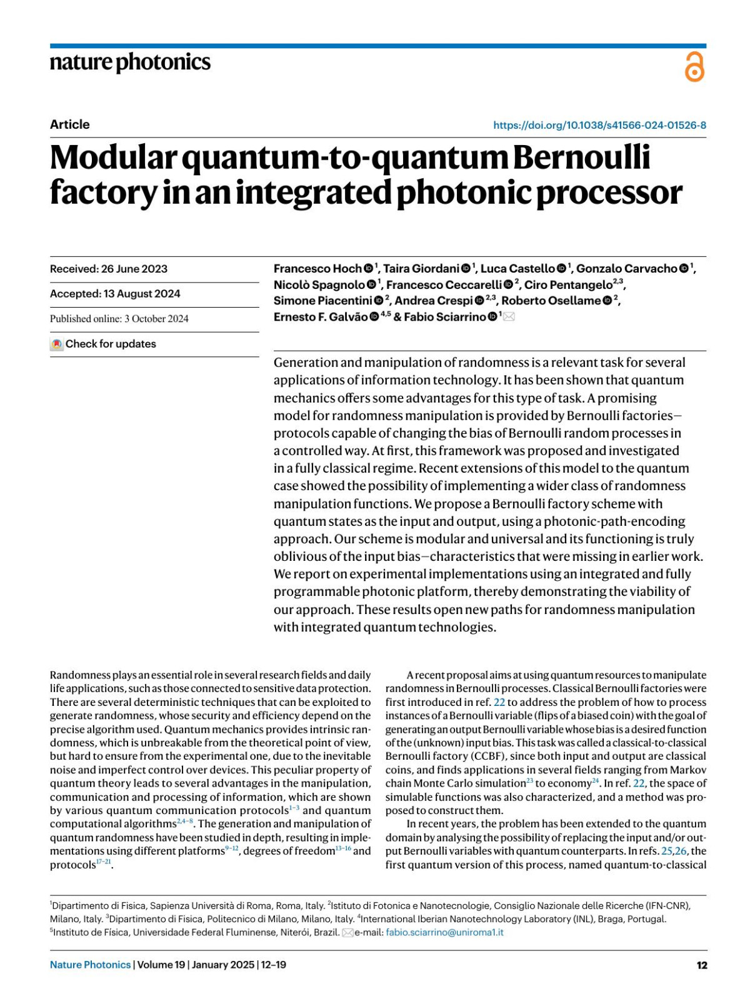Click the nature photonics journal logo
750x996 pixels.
point(130,63)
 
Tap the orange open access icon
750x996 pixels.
point(694,67)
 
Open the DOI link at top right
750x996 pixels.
point(599,125)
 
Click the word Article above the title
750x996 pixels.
point(69,124)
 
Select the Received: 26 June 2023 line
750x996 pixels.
point(109,269)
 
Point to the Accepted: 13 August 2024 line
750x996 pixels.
point(115,294)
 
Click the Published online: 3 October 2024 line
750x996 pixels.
point(119,319)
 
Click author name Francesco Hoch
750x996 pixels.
point(317,269)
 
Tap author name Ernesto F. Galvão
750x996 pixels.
point(321,317)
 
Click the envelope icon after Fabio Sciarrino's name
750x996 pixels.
point(509,317)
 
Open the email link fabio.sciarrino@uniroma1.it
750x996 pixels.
point(444,932)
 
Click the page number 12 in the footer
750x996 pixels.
point(701,965)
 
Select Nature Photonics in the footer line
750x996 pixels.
point(90,965)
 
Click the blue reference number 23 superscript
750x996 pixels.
point(529,781)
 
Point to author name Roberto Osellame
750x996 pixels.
point(551,301)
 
